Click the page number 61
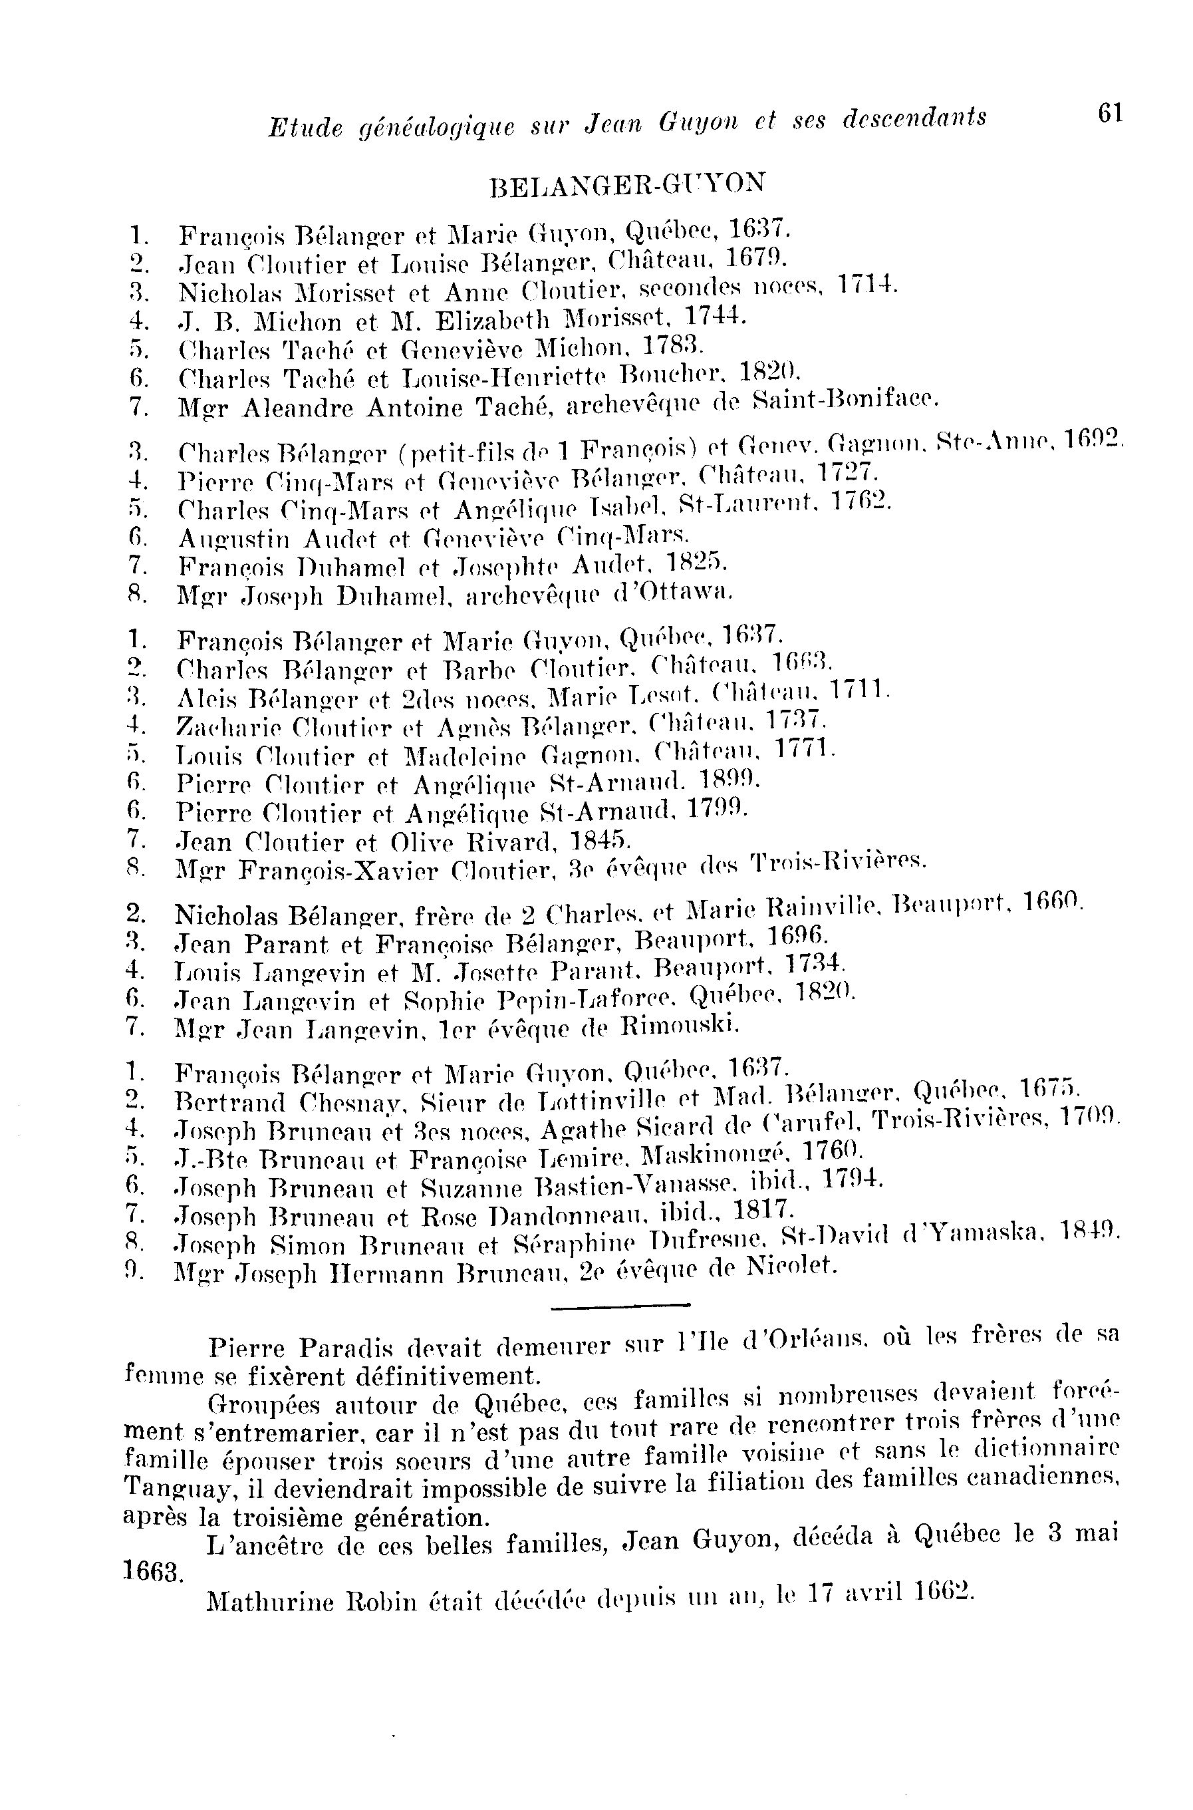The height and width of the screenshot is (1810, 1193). click(1110, 114)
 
